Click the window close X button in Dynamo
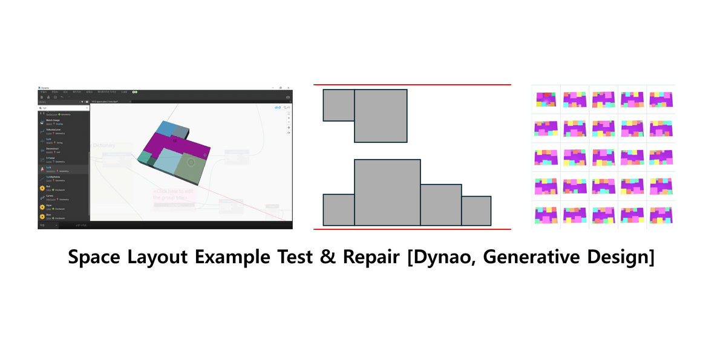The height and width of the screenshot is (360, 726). coord(289,88)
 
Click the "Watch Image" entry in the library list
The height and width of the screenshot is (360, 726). coord(53,120)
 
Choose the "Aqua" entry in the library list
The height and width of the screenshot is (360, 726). coord(49,206)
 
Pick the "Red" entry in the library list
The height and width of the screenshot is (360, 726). coord(48,186)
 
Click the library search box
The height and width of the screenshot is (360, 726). coord(60,109)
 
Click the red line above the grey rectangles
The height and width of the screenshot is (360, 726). coord(412,85)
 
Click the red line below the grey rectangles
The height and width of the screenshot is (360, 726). coord(412,229)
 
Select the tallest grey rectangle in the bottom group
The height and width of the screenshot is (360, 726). coord(387,192)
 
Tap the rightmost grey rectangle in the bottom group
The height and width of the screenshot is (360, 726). coord(476,211)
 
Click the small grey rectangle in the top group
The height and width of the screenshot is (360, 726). coord(339,105)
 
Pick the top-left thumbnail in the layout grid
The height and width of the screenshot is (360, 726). coord(546,99)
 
